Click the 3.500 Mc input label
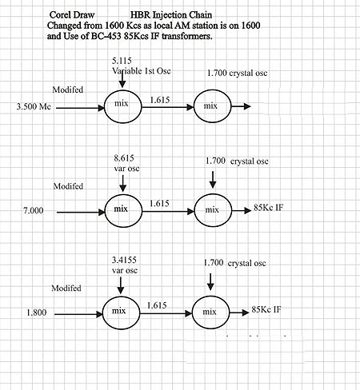coord(34,106)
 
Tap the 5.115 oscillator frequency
coord(122,61)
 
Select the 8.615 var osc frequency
coord(124,158)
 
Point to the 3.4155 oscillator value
coord(124,260)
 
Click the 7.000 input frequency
coord(34,211)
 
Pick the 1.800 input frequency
coord(37,312)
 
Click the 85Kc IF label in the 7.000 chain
coord(268,208)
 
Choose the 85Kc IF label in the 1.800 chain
coord(266,309)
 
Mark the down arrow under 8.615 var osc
coord(122,184)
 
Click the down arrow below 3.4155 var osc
coord(121,285)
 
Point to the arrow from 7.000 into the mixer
coord(81,213)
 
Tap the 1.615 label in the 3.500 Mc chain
coord(160,100)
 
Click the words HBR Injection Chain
coord(171,15)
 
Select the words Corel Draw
coord(72,15)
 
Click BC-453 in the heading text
coord(106,36)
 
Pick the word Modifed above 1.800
coord(66,288)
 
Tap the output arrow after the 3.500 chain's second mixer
coord(242,106)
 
